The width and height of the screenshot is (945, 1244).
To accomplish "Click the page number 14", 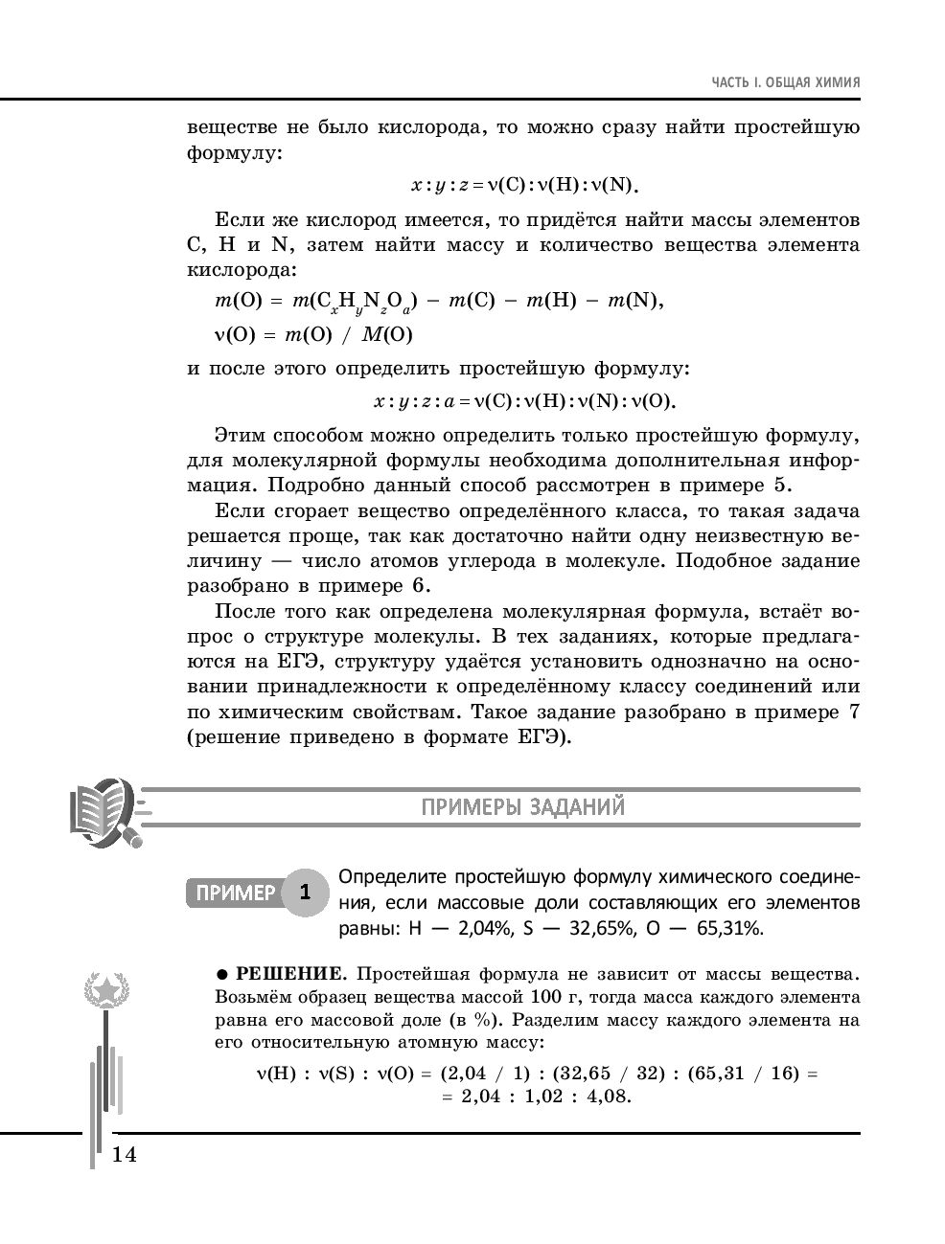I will click(125, 1154).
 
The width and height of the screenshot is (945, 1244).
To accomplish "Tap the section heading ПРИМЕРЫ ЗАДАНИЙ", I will click(522, 806).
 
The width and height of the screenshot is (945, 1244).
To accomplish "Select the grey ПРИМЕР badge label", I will click(236, 893).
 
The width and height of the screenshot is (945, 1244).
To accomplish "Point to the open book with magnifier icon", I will click(102, 811).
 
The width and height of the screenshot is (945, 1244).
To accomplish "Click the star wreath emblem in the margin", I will click(106, 987).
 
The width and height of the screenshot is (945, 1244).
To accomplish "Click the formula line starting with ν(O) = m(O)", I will click(313, 334).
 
